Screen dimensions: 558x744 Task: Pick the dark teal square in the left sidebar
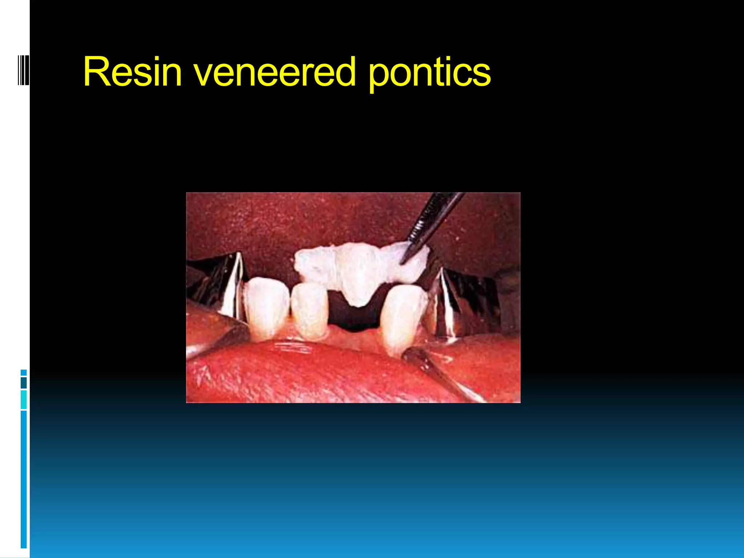pyautogui.click(x=24, y=383)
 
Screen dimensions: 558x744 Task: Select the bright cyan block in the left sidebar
pyautogui.click(x=24, y=400)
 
